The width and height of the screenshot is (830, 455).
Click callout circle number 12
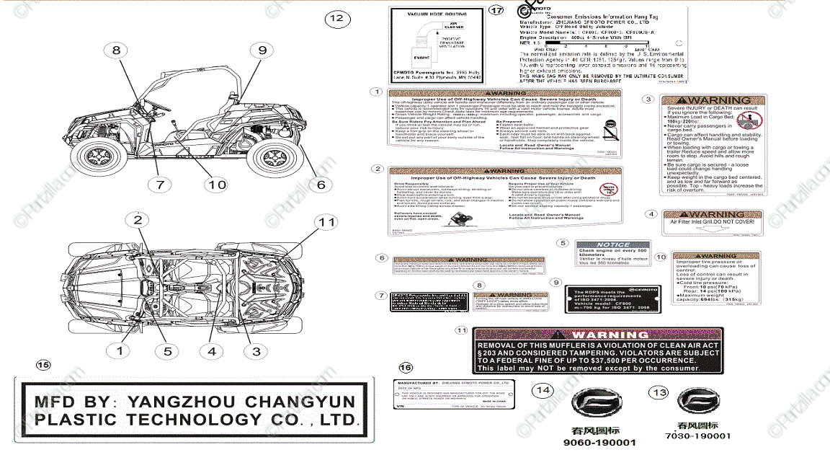pyautogui.click(x=336, y=18)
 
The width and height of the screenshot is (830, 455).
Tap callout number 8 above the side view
pyautogui.click(x=116, y=50)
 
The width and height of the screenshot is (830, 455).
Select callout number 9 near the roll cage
pyautogui.click(x=262, y=50)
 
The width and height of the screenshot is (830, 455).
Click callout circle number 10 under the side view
pyautogui.click(x=217, y=185)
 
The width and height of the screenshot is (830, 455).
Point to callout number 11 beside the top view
pyautogui.click(x=327, y=222)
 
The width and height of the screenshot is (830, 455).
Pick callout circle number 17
pyautogui.click(x=496, y=11)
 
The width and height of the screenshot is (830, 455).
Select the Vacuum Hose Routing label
pyautogui.click(x=432, y=48)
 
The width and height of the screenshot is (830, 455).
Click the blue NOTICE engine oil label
pyautogui.click(x=612, y=254)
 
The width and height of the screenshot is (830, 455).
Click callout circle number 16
pyautogui.click(x=406, y=368)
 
